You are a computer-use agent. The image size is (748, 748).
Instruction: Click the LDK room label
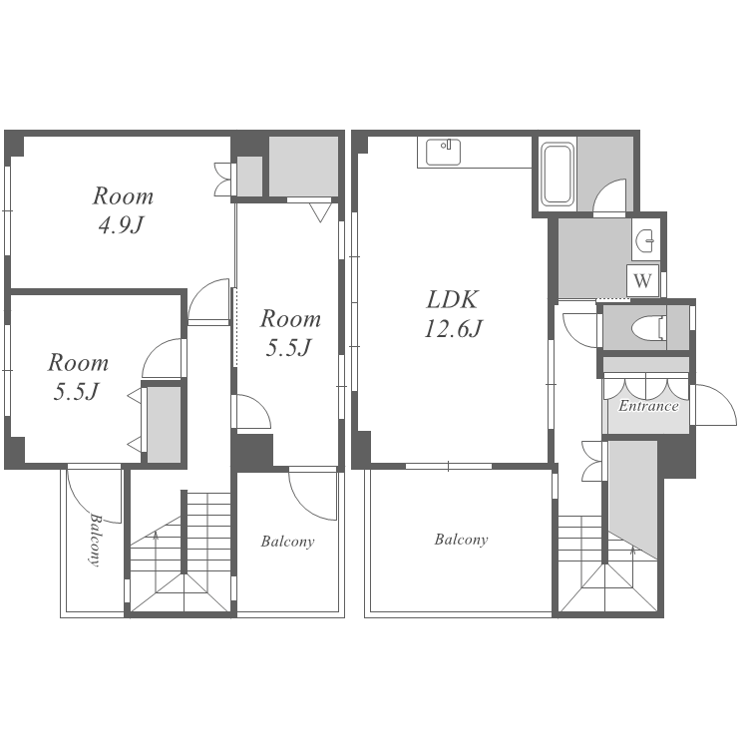(452, 299)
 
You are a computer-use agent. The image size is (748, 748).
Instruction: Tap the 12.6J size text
(453, 329)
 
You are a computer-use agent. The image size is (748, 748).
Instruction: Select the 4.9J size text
(121, 224)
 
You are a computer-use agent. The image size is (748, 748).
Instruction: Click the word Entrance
(648, 406)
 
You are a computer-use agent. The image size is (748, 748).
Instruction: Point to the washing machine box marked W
(642, 280)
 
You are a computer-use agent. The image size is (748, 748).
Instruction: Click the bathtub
(558, 174)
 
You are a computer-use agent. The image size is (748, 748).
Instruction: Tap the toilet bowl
(649, 328)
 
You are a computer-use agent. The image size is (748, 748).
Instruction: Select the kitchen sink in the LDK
(443, 153)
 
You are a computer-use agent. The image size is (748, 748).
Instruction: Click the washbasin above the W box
(646, 241)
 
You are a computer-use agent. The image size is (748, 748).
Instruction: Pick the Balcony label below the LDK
(461, 540)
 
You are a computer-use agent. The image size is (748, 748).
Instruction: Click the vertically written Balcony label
(96, 540)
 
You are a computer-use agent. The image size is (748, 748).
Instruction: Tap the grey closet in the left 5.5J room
(164, 424)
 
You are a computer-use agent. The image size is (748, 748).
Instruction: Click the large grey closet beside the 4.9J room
(303, 166)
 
